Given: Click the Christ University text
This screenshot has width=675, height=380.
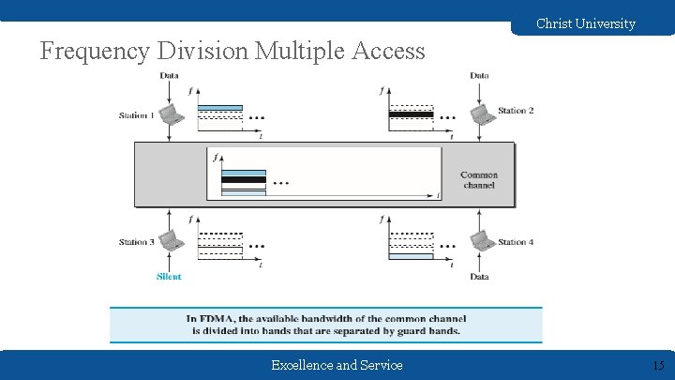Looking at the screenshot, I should point(585,23).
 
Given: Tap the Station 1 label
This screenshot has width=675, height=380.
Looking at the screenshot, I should point(136,115).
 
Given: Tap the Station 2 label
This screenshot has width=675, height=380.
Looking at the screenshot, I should point(516,111).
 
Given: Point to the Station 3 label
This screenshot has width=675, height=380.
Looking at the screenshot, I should point(136,242).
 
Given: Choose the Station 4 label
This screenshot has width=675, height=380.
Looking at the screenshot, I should point(516,242).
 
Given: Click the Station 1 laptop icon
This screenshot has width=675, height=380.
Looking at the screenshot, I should point(170,114).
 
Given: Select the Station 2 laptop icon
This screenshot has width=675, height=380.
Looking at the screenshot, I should point(481,114).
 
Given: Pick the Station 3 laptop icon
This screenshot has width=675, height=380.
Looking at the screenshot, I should point(170,241).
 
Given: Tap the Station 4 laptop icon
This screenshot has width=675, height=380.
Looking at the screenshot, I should point(481,241).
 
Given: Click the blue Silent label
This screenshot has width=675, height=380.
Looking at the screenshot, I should point(169,277).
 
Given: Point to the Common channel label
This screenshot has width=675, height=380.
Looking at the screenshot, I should point(478,180).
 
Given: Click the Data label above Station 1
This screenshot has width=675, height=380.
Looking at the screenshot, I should point(170,75).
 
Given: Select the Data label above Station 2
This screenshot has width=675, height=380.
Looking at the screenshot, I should point(479,75).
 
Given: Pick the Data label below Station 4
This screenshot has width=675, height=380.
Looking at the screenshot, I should point(479,277).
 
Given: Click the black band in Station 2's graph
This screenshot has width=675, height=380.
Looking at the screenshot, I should point(411,114).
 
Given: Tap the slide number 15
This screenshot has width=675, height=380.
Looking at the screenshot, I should point(658,365).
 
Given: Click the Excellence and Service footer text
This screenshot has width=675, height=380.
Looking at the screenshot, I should point(337,365).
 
